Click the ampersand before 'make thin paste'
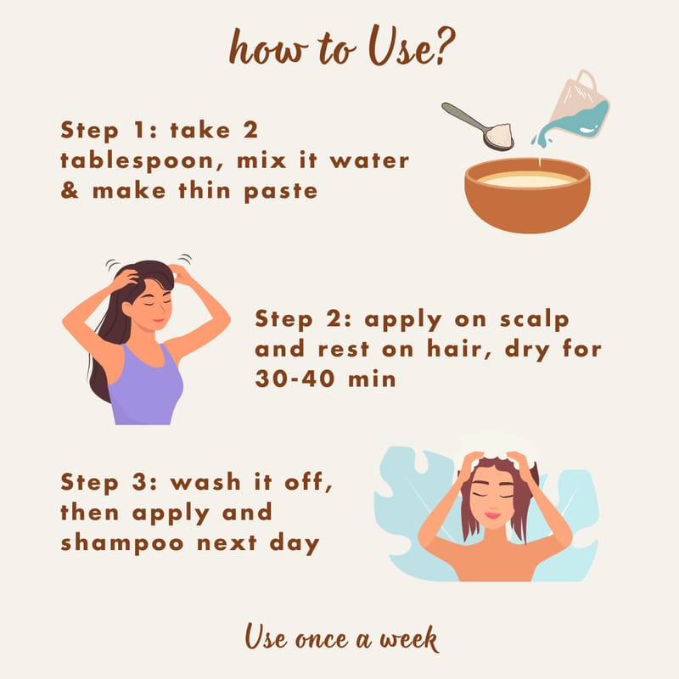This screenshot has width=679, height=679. point(70,190)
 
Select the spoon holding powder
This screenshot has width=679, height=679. point(478,126)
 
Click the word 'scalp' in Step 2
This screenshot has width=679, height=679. point(535,321)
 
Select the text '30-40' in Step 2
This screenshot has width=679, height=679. point(295,379)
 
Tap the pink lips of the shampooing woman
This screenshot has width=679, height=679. point(492,515)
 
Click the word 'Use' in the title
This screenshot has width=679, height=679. point(398,47)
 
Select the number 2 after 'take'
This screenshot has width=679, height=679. point(250,130)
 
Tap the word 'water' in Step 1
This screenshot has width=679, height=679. point(369,160)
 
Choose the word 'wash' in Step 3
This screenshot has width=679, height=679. point(205,482)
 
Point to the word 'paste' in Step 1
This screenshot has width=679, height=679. point(281,192)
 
